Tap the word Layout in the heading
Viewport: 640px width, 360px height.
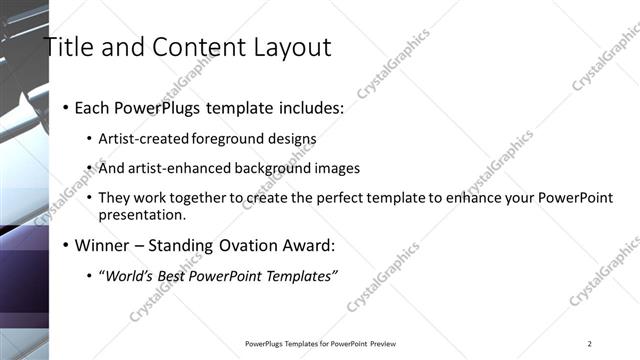pos(289,47)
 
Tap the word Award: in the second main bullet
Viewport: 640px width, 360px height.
pos(306,245)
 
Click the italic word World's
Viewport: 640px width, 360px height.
pos(128,275)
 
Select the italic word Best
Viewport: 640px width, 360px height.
pos(176,275)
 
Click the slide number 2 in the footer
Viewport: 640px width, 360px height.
pos(590,344)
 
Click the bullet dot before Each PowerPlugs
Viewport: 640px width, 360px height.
pos(65,108)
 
